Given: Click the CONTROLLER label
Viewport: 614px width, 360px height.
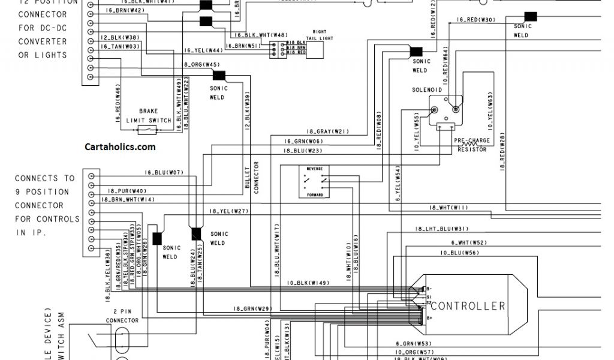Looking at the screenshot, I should coord(468,306).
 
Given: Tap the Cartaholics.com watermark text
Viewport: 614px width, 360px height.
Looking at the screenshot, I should coord(120,146).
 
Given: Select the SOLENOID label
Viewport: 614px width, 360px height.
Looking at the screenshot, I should coord(427,89).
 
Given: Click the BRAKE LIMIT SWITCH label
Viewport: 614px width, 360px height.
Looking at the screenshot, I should coord(148,116).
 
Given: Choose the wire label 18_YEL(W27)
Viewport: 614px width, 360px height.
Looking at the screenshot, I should coord(228,211).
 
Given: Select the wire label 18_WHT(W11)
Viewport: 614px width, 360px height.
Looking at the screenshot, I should coord(449,208).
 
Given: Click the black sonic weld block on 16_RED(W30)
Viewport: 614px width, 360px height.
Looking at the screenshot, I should coord(530,16).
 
